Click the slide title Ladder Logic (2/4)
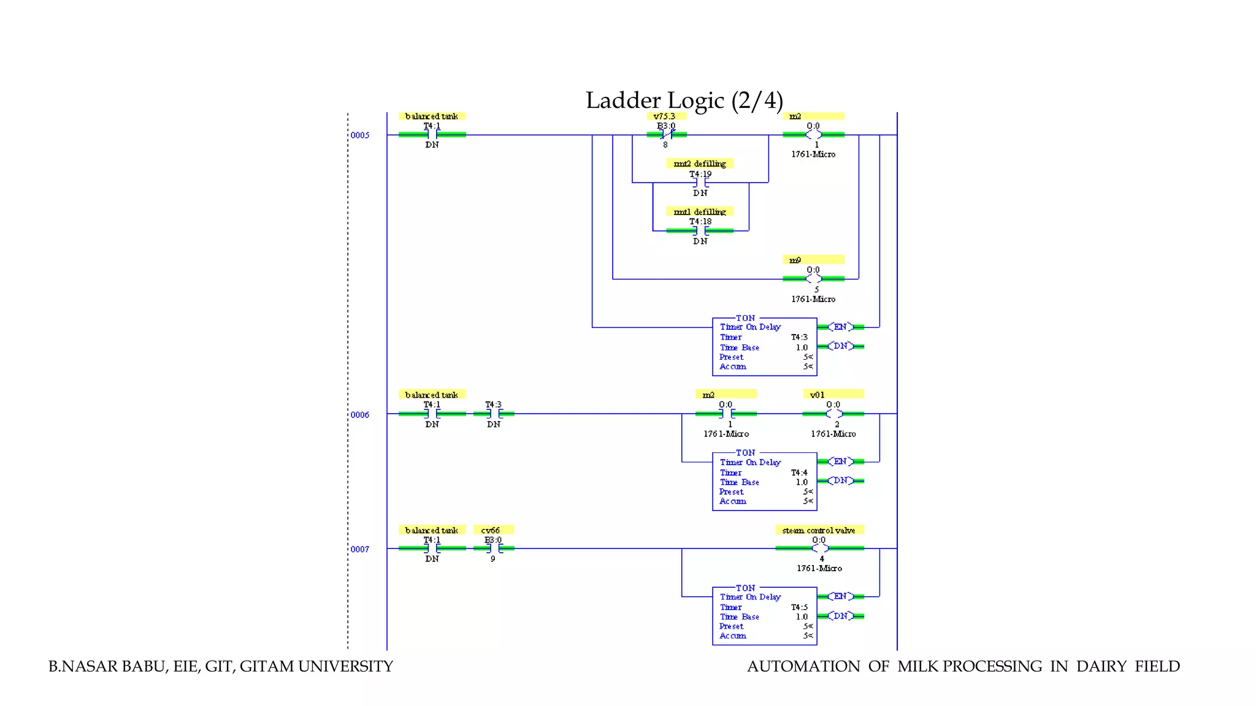[684, 101]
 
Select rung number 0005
[360, 135]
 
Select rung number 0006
[360, 415]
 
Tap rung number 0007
[360, 549]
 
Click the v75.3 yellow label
[665, 116]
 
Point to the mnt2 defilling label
[699, 164]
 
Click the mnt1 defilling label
[699, 212]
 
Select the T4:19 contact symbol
[700, 183]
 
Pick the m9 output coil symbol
[813, 279]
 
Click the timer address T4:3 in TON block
[799, 337]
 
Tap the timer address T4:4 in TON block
[799, 473]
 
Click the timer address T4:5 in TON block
[799, 607]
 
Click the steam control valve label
[819, 530]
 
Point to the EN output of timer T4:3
[840, 327]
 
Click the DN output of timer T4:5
[840, 616]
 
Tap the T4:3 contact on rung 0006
[494, 414]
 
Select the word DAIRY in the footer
[1101, 667]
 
